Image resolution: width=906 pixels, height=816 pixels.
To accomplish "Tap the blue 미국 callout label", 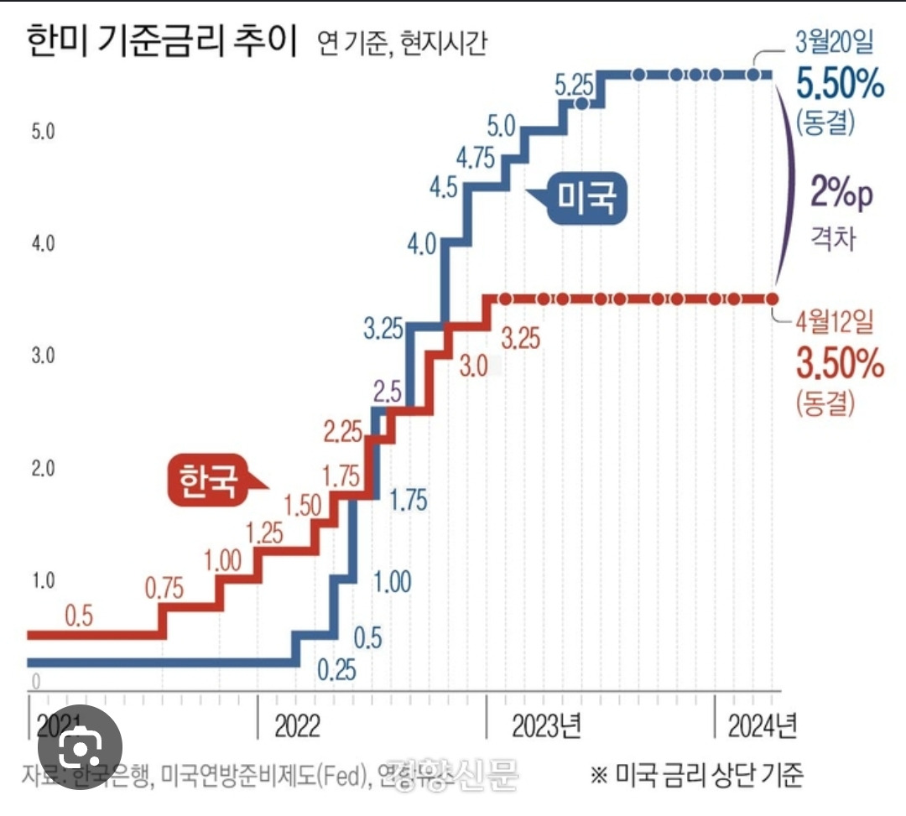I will click(x=588, y=199).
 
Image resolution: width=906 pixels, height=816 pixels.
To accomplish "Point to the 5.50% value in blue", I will click(x=839, y=84).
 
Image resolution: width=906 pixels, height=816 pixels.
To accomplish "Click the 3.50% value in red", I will click(x=839, y=365).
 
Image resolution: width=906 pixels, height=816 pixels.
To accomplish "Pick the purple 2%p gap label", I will click(x=841, y=194).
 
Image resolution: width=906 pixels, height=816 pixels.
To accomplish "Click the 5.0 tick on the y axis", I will click(x=42, y=132).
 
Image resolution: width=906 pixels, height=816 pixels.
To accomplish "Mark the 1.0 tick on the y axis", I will click(x=42, y=580).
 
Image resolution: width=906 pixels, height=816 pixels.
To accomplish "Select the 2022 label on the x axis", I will click(x=297, y=726).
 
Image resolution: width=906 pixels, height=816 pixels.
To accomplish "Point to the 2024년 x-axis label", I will click(x=762, y=726).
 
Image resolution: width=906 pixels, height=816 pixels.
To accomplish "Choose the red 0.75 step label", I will click(x=164, y=588).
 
